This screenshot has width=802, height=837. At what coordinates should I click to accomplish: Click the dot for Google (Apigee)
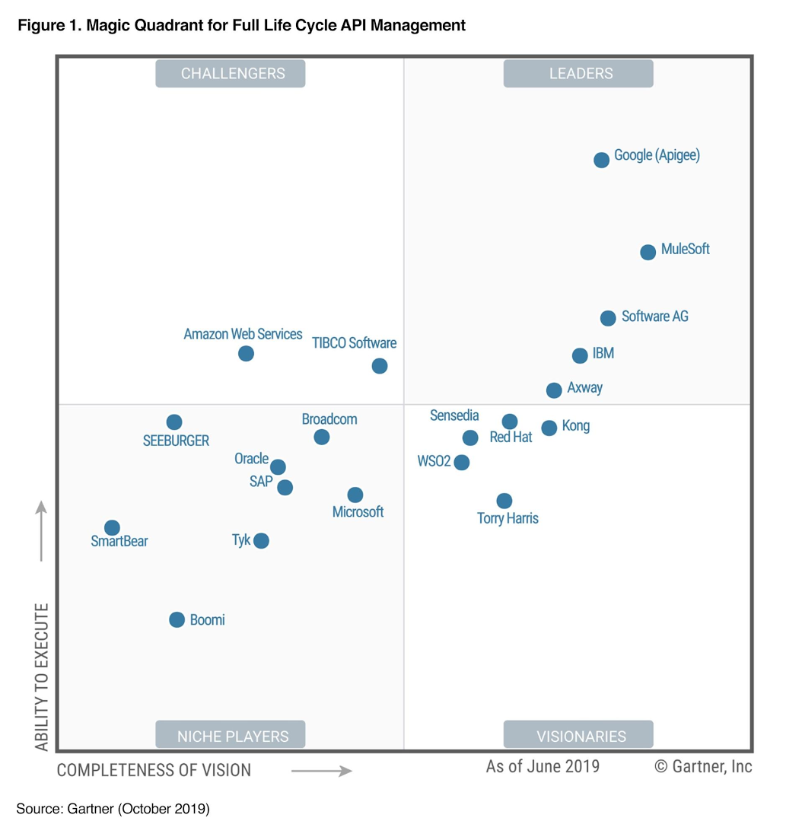[x=601, y=160]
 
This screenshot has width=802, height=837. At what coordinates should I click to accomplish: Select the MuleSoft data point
[x=648, y=252]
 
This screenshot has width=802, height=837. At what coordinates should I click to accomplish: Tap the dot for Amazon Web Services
[x=246, y=353]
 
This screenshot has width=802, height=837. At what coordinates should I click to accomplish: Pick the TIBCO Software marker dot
[x=380, y=366]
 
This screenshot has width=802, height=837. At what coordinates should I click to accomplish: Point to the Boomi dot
[x=177, y=619]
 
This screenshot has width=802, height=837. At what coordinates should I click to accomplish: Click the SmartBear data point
[x=112, y=527]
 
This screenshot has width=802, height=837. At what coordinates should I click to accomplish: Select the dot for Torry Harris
[x=504, y=501]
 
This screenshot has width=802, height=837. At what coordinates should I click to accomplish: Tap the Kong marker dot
[x=549, y=428]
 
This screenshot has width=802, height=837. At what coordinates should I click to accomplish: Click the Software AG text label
[x=654, y=317]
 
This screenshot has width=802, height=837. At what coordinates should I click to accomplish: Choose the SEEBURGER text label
[x=176, y=441]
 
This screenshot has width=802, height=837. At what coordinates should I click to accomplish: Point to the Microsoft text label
[x=358, y=512]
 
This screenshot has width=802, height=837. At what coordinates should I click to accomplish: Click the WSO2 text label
[x=434, y=462]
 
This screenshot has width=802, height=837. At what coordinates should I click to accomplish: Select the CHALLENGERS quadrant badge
[x=231, y=74]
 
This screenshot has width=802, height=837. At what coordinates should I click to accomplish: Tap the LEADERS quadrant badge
[x=578, y=74]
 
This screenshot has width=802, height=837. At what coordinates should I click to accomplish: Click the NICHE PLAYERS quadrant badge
[x=231, y=735]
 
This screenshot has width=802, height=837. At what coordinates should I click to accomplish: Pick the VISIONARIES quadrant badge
[x=578, y=735]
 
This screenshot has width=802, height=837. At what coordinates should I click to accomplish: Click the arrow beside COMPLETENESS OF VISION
[x=322, y=771]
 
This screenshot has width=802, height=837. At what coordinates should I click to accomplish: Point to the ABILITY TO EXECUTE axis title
[x=42, y=677]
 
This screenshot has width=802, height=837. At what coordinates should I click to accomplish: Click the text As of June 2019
[x=543, y=766]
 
